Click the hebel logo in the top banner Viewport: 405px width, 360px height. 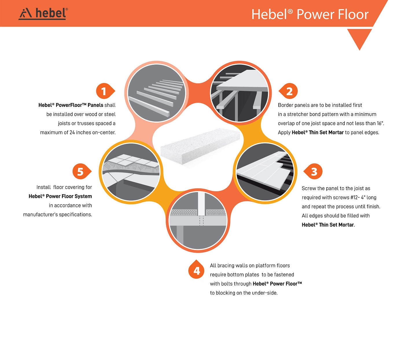pyautogui.click(x=43, y=14)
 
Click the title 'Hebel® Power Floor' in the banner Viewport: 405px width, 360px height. pyautogui.click(x=310, y=14)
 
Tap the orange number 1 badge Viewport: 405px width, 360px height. pyautogui.click(x=105, y=91)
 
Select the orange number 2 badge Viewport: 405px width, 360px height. pyautogui.click(x=288, y=91)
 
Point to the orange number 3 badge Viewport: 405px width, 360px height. pyautogui.click(x=313, y=171)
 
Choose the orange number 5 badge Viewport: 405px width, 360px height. pyautogui.click(x=82, y=171)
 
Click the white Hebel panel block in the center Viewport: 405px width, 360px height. pyautogui.click(x=200, y=147)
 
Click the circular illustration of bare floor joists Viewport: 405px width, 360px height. pyautogui.click(x=157, y=93)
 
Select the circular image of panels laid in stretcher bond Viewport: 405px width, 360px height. pyautogui.click(x=265, y=172)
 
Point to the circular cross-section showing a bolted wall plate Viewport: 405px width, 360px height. pyautogui.click(x=198, y=221)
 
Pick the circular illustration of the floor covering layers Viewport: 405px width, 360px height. pyautogui.click(x=131, y=172)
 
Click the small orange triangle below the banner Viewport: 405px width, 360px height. pyautogui.click(x=359, y=38)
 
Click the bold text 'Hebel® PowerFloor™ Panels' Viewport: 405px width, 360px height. pyautogui.click(x=71, y=105)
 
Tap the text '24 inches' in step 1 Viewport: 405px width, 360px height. pyautogui.click(x=79, y=133)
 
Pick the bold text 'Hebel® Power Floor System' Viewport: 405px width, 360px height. pyautogui.click(x=60, y=196)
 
